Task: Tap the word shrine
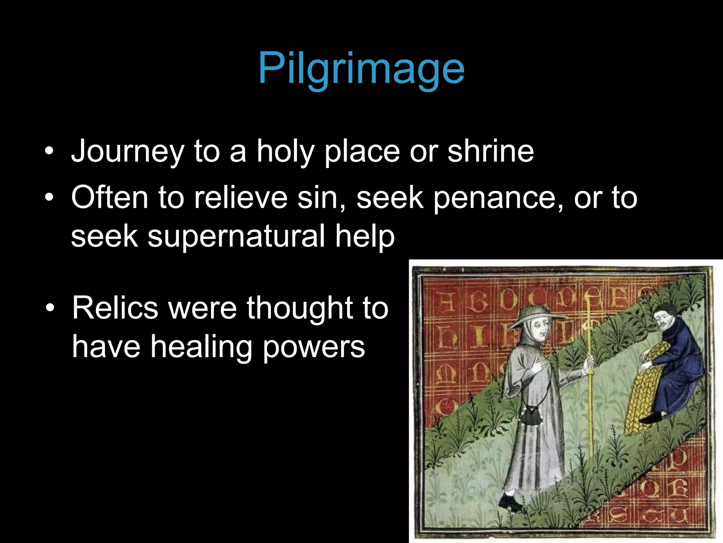[x=491, y=151]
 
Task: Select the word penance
[x=498, y=198]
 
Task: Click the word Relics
[x=115, y=308]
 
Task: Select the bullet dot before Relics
[x=50, y=308]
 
